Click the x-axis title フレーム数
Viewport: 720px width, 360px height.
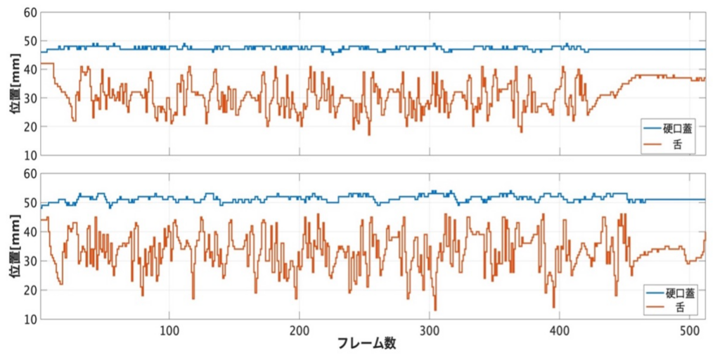[x=365, y=344]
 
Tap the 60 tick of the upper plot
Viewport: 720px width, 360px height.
[x=30, y=13]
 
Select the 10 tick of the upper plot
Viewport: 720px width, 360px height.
[x=30, y=155]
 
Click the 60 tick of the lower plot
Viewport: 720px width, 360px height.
[x=30, y=174]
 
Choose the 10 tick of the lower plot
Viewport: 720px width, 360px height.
[x=30, y=319]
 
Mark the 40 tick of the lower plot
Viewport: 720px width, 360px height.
[x=30, y=233]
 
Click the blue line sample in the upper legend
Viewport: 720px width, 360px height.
[x=651, y=129]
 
